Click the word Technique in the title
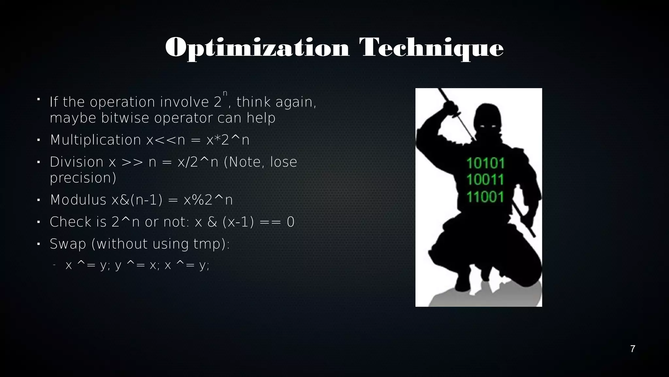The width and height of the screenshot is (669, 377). click(431, 48)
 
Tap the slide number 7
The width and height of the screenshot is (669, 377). click(632, 349)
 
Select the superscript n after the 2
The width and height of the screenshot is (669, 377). click(225, 94)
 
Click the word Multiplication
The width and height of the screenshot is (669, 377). click(95, 140)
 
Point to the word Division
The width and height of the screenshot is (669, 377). click(76, 162)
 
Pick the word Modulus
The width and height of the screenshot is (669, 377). click(78, 200)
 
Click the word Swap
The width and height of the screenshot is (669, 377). click(68, 244)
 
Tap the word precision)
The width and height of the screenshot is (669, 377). click(83, 178)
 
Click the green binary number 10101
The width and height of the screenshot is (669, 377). click(485, 163)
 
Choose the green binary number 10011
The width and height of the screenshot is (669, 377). click(485, 180)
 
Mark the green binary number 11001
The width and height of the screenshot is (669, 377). click(485, 197)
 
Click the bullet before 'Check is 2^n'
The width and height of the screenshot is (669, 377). click(38, 222)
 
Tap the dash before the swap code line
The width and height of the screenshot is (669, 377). click(54, 265)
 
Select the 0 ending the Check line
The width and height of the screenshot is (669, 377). click(290, 222)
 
